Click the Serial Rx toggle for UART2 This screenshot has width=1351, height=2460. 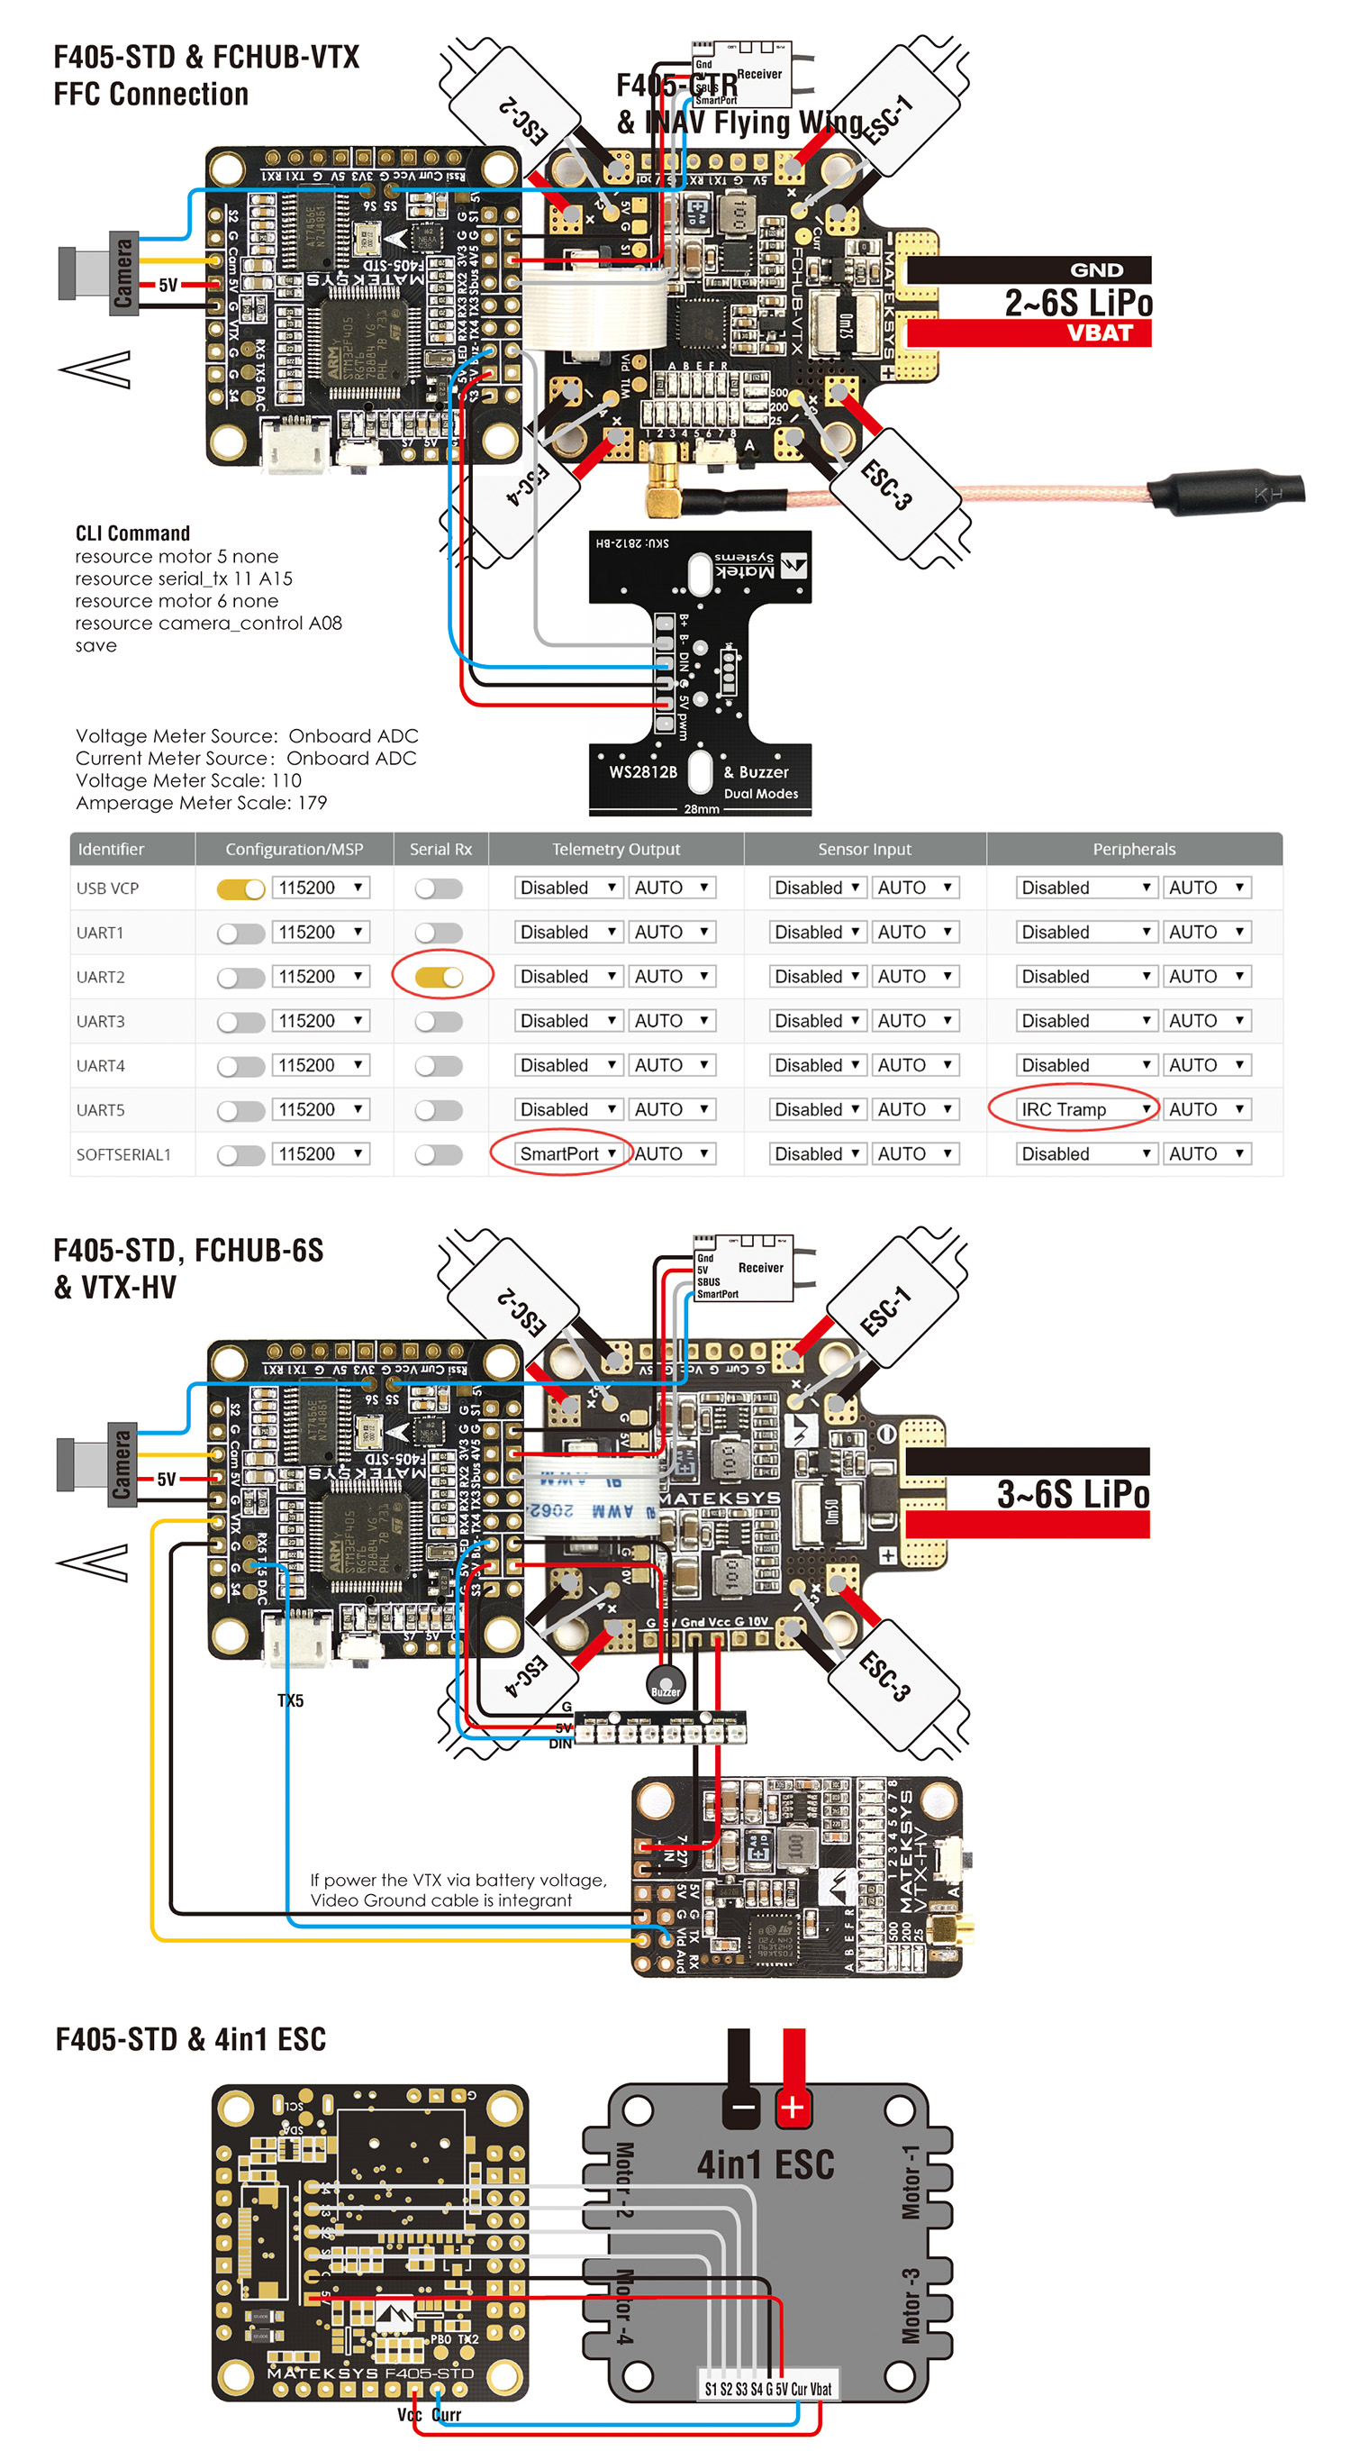point(440,977)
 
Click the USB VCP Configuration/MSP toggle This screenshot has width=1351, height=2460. point(240,889)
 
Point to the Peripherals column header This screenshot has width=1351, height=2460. point(1133,849)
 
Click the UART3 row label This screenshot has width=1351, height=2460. point(100,1021)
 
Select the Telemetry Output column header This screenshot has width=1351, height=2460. point(616,849)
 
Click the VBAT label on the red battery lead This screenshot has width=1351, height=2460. point(1099,333)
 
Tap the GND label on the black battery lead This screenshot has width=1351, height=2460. point(1096,270)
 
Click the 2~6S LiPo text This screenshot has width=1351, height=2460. point(1078,303)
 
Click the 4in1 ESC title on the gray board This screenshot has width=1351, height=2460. point(765,2164)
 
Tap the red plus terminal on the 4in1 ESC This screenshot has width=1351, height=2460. point(792,2107)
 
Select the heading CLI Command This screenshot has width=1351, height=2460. point(132,533)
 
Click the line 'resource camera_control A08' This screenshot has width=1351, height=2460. point(208,623)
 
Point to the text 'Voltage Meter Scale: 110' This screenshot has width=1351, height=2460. point(188,780)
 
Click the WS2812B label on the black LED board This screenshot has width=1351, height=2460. point(642,771)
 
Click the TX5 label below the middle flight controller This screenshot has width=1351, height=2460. point(290,1699)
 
